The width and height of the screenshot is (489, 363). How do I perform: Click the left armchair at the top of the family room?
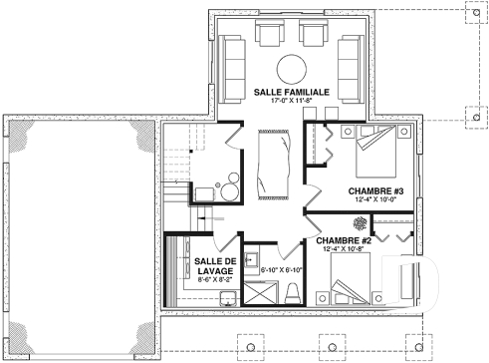pyautogui.click(x=269, y=37)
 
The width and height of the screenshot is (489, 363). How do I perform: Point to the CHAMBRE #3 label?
pyautogui.click(x=373, y=191)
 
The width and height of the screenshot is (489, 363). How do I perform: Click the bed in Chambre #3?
pyautogui.click(x=375, y=151)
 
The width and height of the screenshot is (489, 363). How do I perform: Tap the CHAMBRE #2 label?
pyautogui.click(x=344, y=240)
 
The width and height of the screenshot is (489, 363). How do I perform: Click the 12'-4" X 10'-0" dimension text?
pyautogui.click(x=373, y=202)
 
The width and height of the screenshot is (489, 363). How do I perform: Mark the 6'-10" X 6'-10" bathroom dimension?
pyautogui.click(x=281, y=269)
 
